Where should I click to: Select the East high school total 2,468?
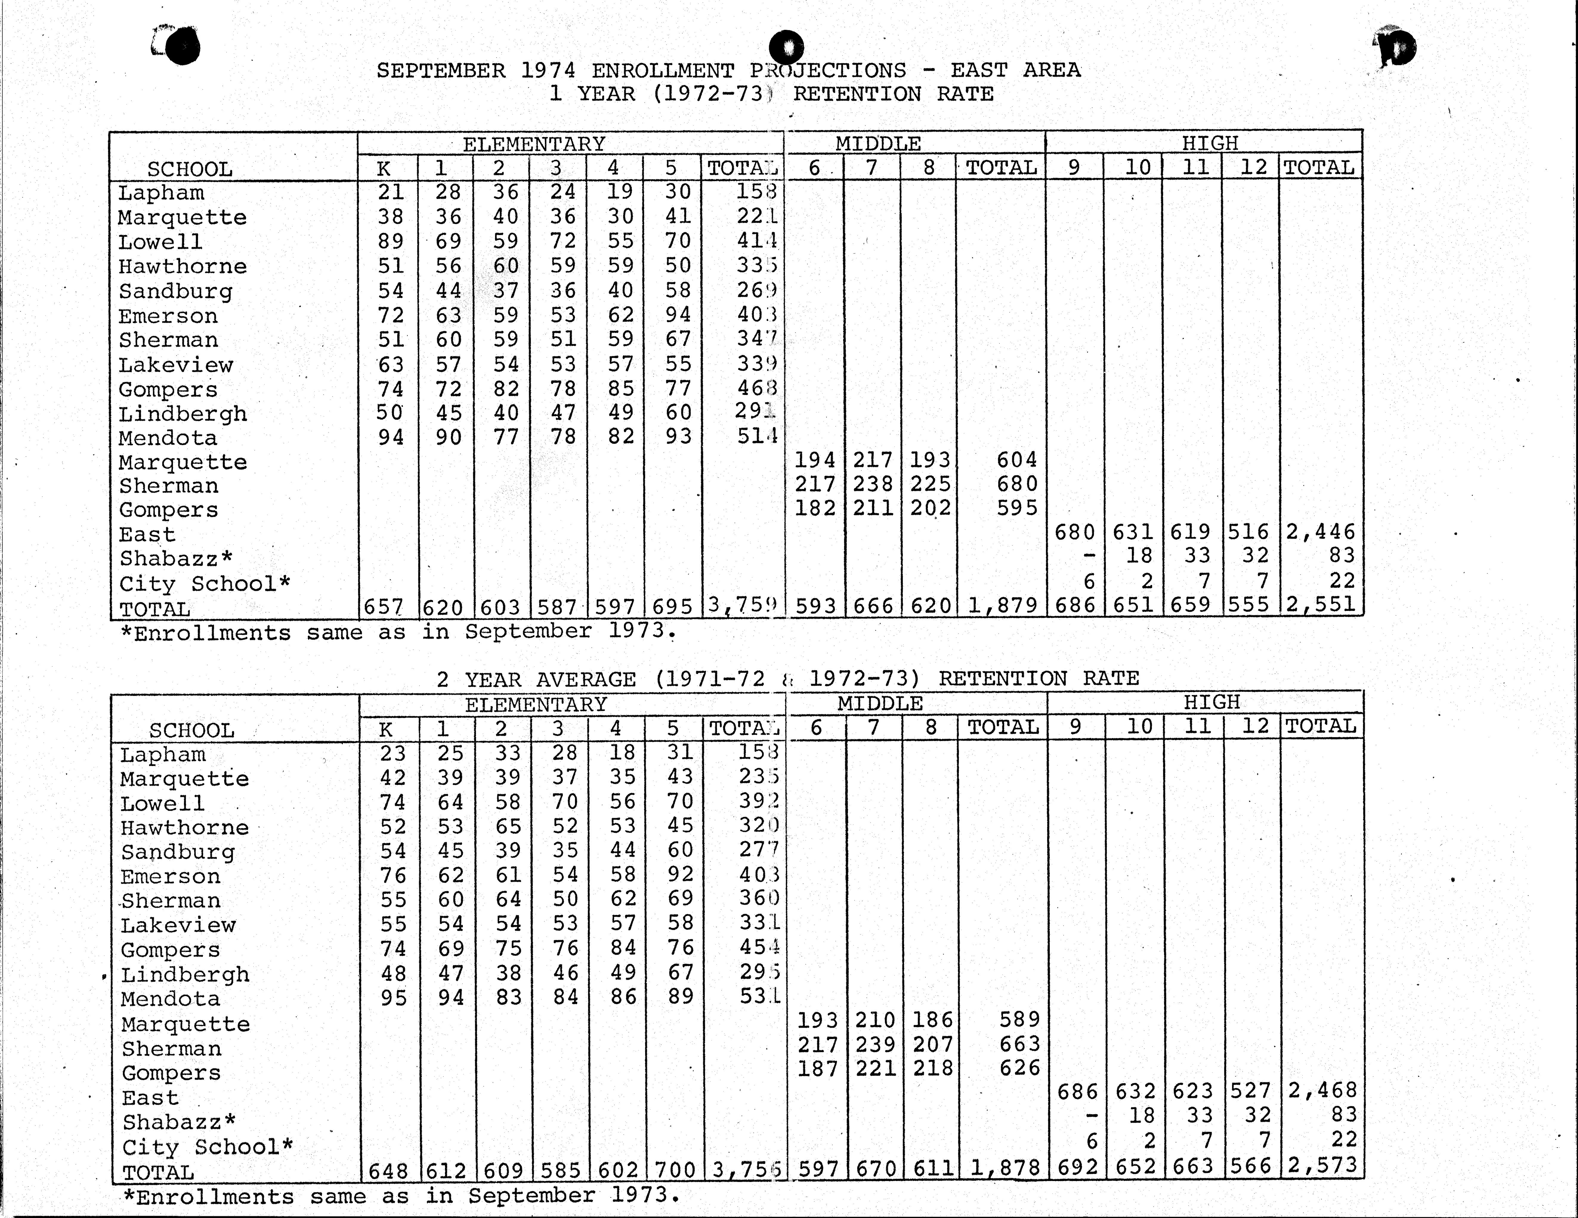(x=1322, y=1090)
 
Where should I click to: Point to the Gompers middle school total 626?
(x=1019, y=1068)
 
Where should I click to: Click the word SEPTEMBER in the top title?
(x=441, y=71)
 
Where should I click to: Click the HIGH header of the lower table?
(x=1212, y=702)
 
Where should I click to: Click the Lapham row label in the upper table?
(x=161, y=193)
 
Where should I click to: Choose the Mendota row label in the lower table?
(x=171, y=999)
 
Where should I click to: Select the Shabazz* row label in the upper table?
(x=176, y=559)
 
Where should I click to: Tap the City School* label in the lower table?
(x=207, y=1147)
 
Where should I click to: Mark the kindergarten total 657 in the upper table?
(x=384, y=606)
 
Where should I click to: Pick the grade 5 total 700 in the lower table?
(x=673, y=1169)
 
